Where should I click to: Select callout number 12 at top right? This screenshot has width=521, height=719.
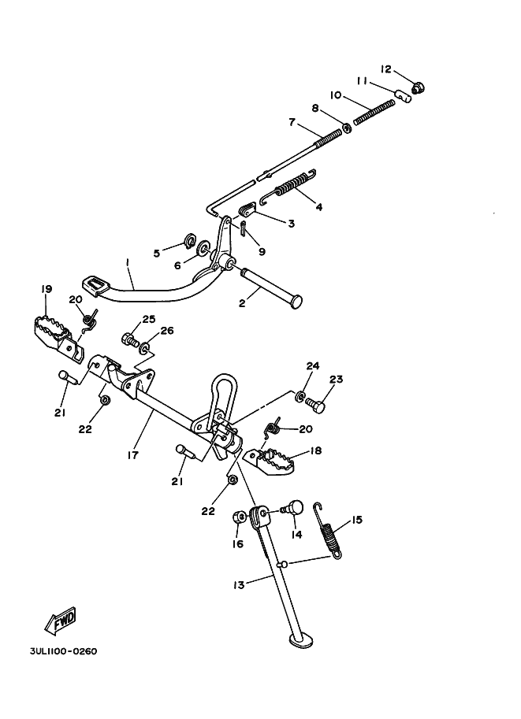[385, 69]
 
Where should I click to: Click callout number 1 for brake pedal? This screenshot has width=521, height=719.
[126, 262]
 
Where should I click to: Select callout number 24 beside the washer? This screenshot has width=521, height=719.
[313, 365]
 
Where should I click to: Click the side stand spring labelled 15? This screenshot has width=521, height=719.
[331, 530]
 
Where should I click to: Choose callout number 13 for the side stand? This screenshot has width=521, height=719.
[239, 584]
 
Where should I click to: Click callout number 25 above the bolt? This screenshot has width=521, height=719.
[149, 320]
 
